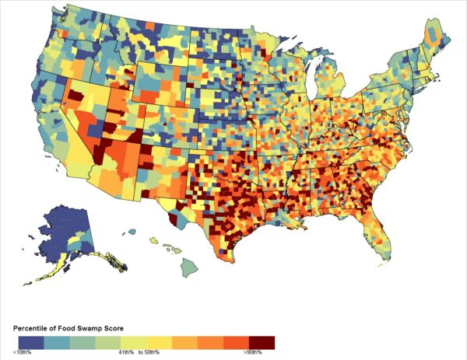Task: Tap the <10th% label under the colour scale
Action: [x=23, y=354]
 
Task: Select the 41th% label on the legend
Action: [x=127, y=354]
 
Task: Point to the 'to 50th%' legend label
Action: [x=150, y=354]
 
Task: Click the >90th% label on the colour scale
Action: [x=252, y=354]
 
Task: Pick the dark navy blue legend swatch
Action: [x=30, y=342]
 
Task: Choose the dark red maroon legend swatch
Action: [x=262, y=342]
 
